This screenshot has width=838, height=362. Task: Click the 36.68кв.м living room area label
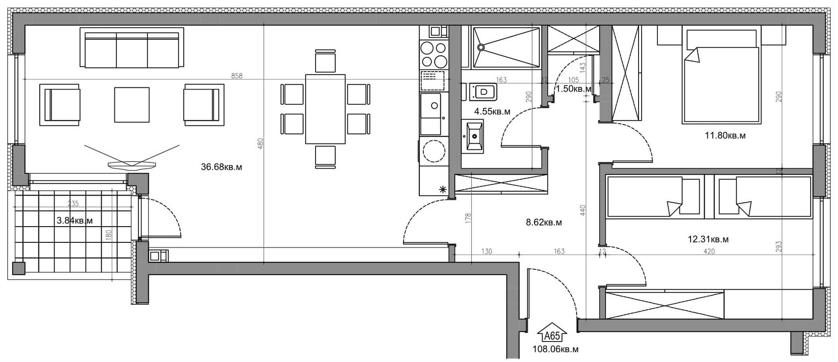(221, 167)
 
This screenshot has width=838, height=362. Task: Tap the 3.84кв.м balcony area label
(75, 221)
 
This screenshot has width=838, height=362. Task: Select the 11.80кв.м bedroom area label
(725, 135)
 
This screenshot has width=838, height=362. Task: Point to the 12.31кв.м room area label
(708, 239)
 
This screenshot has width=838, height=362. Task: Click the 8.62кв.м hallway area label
(544, 222)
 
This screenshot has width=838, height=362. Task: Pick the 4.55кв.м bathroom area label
(492, 111)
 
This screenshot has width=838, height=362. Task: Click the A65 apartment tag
(552, 336)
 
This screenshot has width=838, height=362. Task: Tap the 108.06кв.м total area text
(556, 349)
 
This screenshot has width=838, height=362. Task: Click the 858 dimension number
(237, 76)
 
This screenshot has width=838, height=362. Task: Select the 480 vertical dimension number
(261, 144)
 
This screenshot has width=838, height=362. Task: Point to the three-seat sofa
(132, 48)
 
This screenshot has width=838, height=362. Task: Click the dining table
(326, 109)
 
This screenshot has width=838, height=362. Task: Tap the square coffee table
(132, 105)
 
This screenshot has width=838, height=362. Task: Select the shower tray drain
(481, 47)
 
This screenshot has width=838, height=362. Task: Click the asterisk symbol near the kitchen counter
(443, 189)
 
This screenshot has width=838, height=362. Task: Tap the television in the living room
(132, 165)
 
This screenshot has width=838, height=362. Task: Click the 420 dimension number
(709, 252)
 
